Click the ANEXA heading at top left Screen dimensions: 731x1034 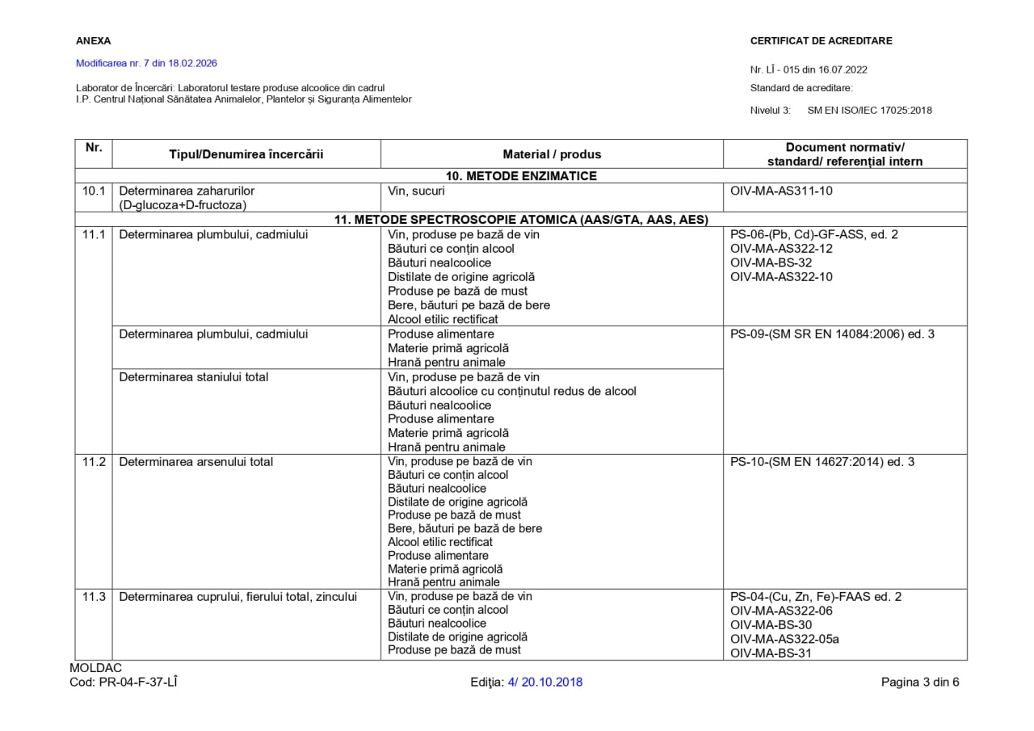click(x=93, y=40)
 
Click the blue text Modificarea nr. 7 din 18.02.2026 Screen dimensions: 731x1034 click(x=146, y=63)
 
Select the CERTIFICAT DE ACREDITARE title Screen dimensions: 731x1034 click(x=821, y=40)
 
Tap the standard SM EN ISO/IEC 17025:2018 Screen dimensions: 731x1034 click(x=869, y=111)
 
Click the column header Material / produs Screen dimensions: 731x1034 click(x=552, y=154)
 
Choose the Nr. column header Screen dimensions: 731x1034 click(x=94, y=148)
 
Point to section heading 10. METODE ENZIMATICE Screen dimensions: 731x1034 click(x=521, y=176)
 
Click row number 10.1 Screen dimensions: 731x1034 click(x=94, y=191)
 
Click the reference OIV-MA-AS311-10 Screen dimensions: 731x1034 click(x=781, y=191)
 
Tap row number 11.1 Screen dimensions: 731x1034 click(x=94, y=234)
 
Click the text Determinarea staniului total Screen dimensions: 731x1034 click(x=194, y=376)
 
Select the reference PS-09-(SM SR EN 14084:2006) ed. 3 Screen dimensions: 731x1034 click(x=832, y=334)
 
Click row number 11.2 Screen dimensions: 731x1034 click(x=94, y=462)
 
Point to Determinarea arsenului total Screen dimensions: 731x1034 click(x=196, y=462)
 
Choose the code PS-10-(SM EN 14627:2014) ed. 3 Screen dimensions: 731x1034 click(x=822, y=462)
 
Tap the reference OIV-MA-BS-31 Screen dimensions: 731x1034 click(x=771, y=653)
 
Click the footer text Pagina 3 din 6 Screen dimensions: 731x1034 click(x=920, y=682)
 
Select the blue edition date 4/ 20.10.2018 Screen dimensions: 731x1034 click(x=545, y=682)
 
